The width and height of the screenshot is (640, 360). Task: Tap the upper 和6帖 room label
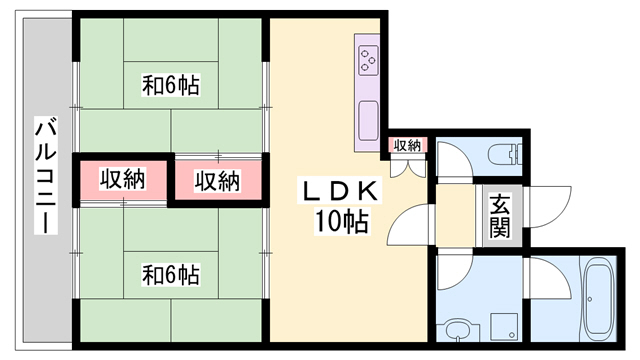(x=171, y=87)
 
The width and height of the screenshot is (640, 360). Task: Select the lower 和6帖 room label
(x=171, y=272)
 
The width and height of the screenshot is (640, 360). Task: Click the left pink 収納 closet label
(x=123, y=180)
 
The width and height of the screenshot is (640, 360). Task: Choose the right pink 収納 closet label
(x=217, y=181)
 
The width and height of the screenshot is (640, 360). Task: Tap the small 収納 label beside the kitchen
(x=407, y=146)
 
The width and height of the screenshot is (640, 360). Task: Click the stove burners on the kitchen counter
(x=368, y=59)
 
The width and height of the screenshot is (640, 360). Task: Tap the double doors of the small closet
(x=406, y=166)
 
